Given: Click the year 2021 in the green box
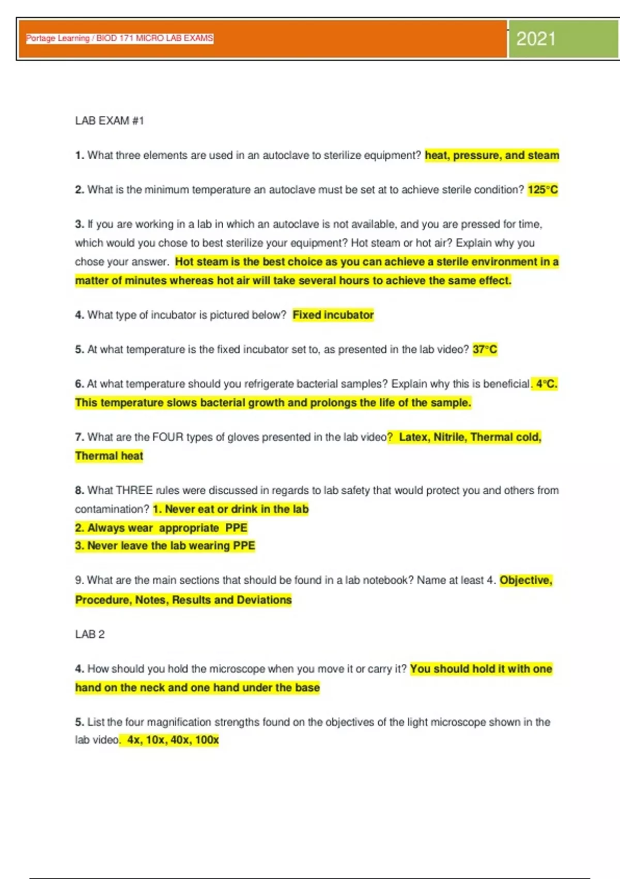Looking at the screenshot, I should click(536, 39).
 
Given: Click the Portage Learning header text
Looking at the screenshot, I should click(119, 38).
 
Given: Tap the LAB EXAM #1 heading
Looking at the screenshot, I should click(110, 120).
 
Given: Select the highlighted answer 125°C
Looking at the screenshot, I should click(542, 190).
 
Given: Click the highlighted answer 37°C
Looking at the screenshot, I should click(485, 350).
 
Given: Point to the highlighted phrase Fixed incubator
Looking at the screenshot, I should click(333, 315).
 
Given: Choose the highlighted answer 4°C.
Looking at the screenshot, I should click(546, 384).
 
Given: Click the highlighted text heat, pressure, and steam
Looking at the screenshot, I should click(492, 155).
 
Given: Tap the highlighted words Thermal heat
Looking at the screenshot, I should click(109, 456).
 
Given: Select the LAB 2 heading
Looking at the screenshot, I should click(90, 634).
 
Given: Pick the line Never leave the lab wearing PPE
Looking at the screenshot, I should click(165, 546).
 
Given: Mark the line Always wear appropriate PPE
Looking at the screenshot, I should click(161, 528).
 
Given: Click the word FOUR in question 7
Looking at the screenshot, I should click(168, 437).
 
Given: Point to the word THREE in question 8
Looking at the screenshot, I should click(134, 490).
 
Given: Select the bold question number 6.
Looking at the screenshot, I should click(79, 384).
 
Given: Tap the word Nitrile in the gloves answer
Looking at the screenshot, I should click(449, 437).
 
